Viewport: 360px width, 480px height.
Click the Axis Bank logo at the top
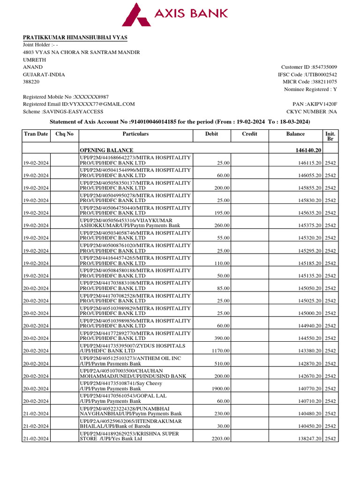(175, 14)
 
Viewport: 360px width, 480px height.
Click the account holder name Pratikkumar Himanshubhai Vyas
(75, 37)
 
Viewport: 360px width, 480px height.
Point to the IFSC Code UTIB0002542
(321, 75)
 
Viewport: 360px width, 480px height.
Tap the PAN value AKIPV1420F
(321, 104)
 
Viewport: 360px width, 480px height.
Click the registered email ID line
(79, 104)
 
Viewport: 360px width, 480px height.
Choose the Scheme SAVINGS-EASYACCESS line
(63, 112)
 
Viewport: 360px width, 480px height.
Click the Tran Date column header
(36, 134)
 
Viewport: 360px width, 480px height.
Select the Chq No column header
(64, 134)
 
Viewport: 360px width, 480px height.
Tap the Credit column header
(249, 134)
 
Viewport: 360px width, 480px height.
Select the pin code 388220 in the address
(31, 82)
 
